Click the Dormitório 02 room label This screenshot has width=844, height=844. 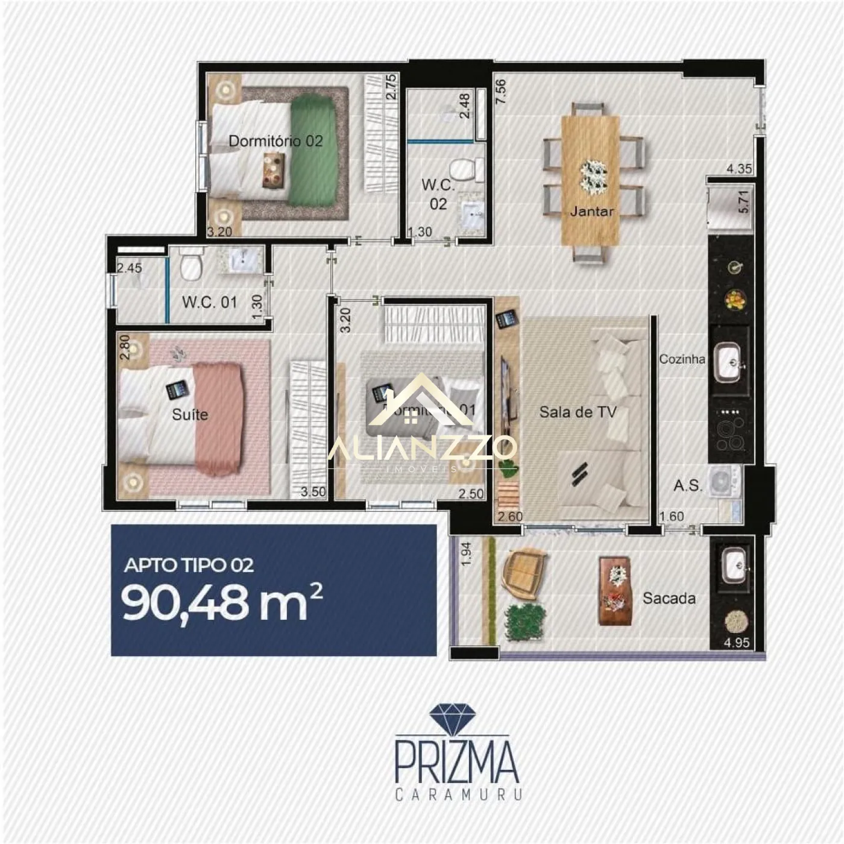(276, 141)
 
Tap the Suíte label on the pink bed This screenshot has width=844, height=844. (190, 415)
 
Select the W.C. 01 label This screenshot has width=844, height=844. (210, 302)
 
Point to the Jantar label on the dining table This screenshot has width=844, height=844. (591, 212)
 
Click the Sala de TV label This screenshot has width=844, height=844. (578, 412)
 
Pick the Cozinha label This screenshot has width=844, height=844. (682, 359)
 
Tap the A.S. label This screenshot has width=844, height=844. (688, 485)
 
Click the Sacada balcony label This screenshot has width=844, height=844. (669, 599)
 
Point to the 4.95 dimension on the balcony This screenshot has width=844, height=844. (737, 643)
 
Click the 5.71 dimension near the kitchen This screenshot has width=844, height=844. (744, 202)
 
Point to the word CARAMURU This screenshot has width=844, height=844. (458, 795)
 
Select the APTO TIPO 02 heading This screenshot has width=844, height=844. (189, 565)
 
